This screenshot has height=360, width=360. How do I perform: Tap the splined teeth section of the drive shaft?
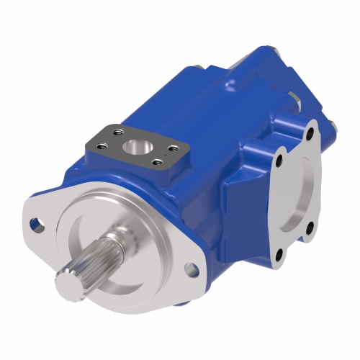click(x=86, y=271)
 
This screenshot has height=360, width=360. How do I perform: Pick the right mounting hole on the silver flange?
click(x=192, y=269)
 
